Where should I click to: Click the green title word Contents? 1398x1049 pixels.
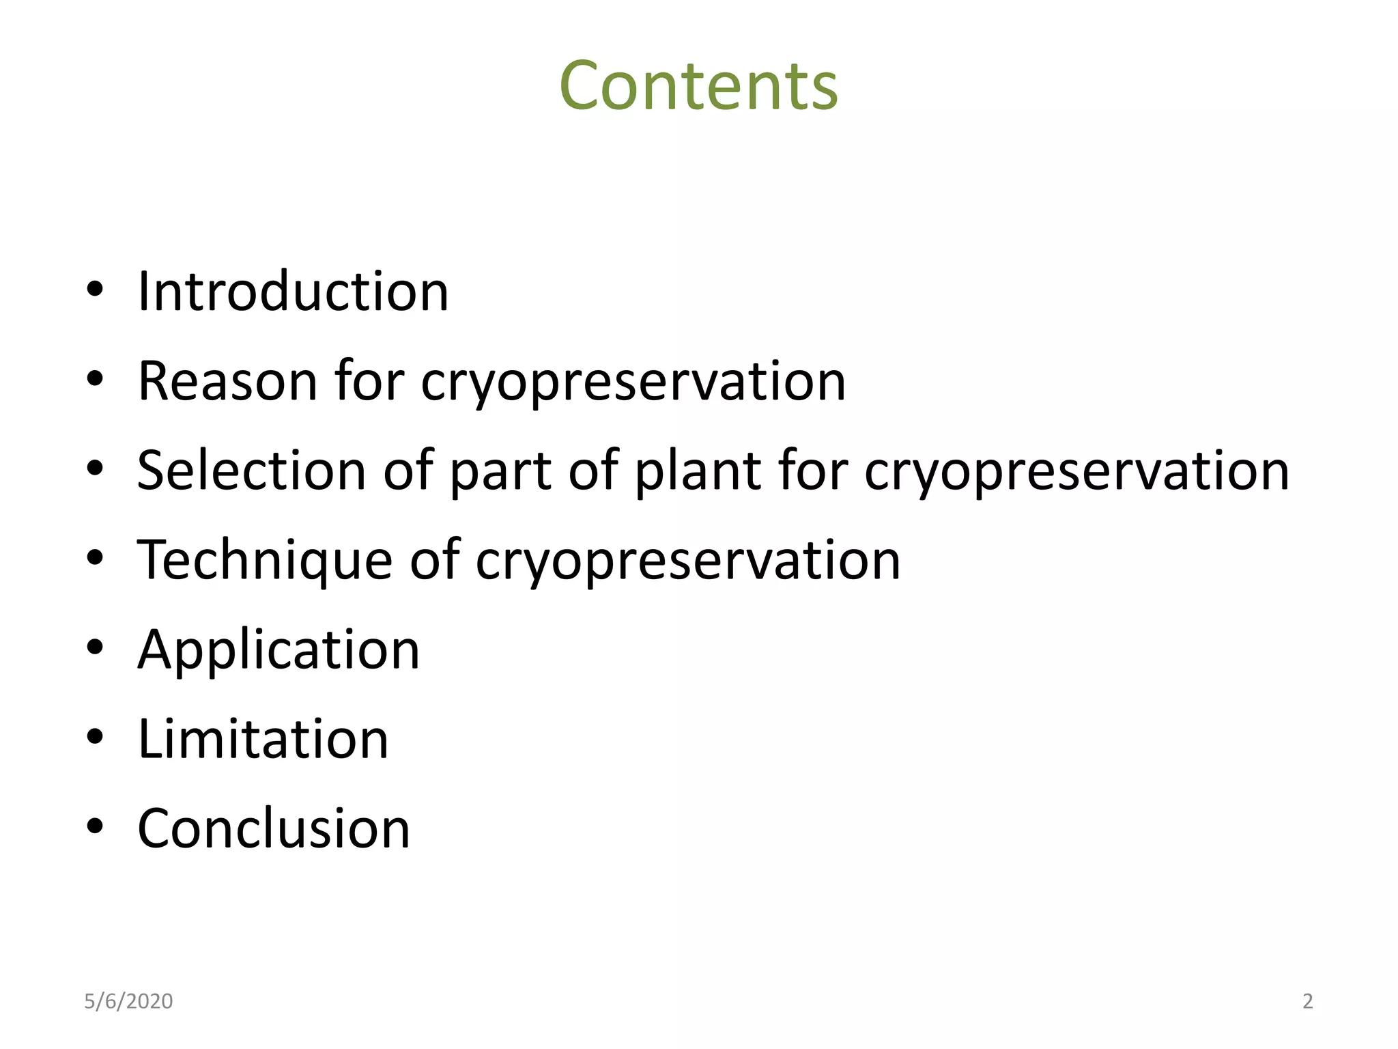click(x=698, y=86)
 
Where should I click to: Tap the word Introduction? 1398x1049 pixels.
click(x=293, y=292)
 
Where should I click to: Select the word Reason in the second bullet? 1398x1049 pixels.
click(x=228, y=381)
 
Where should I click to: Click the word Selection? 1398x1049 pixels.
click(x=251, y=471)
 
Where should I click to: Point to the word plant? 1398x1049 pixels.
click(x=698, y=472)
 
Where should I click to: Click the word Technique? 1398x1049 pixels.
click(x=265, y=560)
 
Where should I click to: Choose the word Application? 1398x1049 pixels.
click(x=279, y=650)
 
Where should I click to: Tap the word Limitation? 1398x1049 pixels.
click(x=263, y=739)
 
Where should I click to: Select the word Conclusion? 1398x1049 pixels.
click(x=274, y=828)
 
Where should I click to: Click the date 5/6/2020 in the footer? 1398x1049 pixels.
click(x=128, y=1001)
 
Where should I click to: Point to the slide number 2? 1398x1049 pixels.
click(x=1307, y=1001)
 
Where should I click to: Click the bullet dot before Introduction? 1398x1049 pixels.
click(x=95, y=290)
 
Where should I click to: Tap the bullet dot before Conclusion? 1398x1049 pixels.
click(x=95, y=827)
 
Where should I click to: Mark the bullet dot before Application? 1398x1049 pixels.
click(x=95, y=648)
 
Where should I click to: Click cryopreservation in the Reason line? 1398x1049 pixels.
click(x=633, y=382)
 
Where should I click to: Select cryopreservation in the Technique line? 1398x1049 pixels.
click(x=687, y=561)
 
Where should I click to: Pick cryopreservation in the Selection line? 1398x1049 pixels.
click(x=1076, y=472)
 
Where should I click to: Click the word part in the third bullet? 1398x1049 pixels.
click(x=500, y=472)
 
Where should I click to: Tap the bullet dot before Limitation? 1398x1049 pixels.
click(x=95, y=738)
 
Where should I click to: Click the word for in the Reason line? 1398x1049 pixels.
click(x=369, y=381)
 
